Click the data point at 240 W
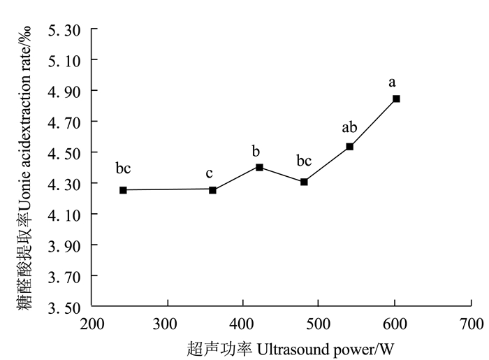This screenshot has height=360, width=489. pos(123,190)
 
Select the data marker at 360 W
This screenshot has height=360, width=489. pos(212,190)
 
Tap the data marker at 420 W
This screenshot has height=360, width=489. pos(259,167)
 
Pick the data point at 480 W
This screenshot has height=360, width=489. pos(304,182)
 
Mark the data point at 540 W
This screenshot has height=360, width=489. pos(349,147)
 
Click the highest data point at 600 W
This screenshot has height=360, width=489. pos(396,99)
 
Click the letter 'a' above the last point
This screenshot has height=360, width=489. pos(393,82)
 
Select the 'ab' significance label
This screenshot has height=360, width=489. pos(349,127)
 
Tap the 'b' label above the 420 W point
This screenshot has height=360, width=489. pos(256,151)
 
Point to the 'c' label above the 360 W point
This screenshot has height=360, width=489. pos(209,173)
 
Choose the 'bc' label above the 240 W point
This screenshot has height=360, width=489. pos(123,168)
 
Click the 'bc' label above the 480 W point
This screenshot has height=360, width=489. pos(303,161)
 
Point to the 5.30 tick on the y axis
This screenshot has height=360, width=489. pos(64,30)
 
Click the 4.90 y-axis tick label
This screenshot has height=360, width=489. pos(64,92)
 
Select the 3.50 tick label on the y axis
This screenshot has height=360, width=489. pos(64,307)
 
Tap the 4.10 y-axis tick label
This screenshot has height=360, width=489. pos(64,215)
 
